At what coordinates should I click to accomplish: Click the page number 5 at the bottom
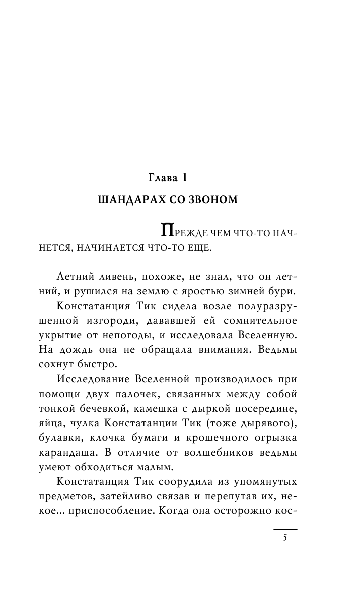[x=285, y=538]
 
